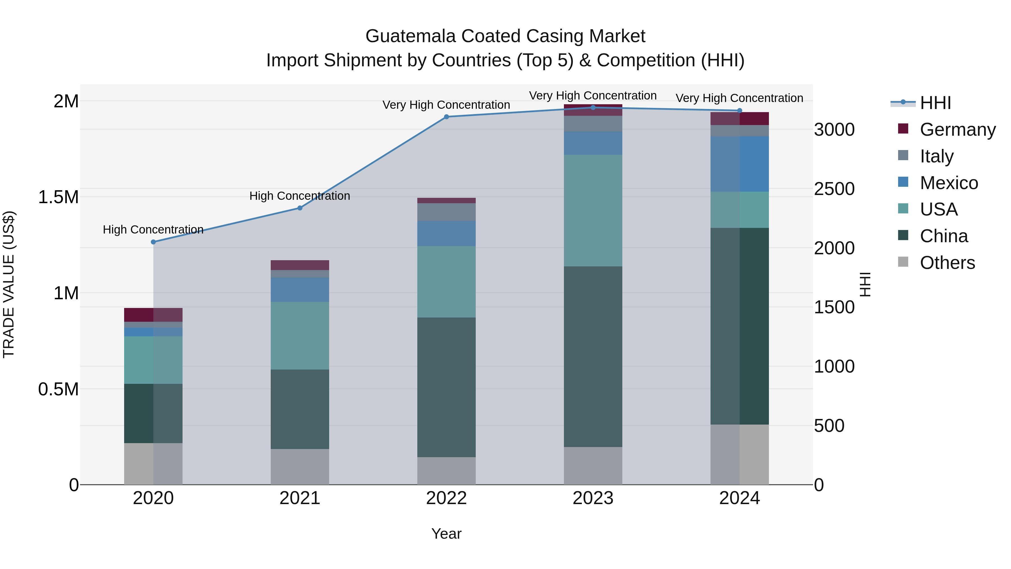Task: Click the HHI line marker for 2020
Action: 153,242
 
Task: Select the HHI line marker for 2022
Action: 446,117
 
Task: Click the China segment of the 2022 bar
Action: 446,387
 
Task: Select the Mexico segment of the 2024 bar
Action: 739,164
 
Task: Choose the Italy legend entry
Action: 936,156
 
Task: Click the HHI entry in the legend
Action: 935,103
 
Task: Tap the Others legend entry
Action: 947,263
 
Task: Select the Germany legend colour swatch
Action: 903,129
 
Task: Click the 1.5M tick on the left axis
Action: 58,197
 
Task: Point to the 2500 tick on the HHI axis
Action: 834,189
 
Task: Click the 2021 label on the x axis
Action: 300,498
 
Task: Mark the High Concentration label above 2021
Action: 300,196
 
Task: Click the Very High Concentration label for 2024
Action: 739,98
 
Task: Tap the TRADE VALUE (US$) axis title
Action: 9,284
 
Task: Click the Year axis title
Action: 446,534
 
